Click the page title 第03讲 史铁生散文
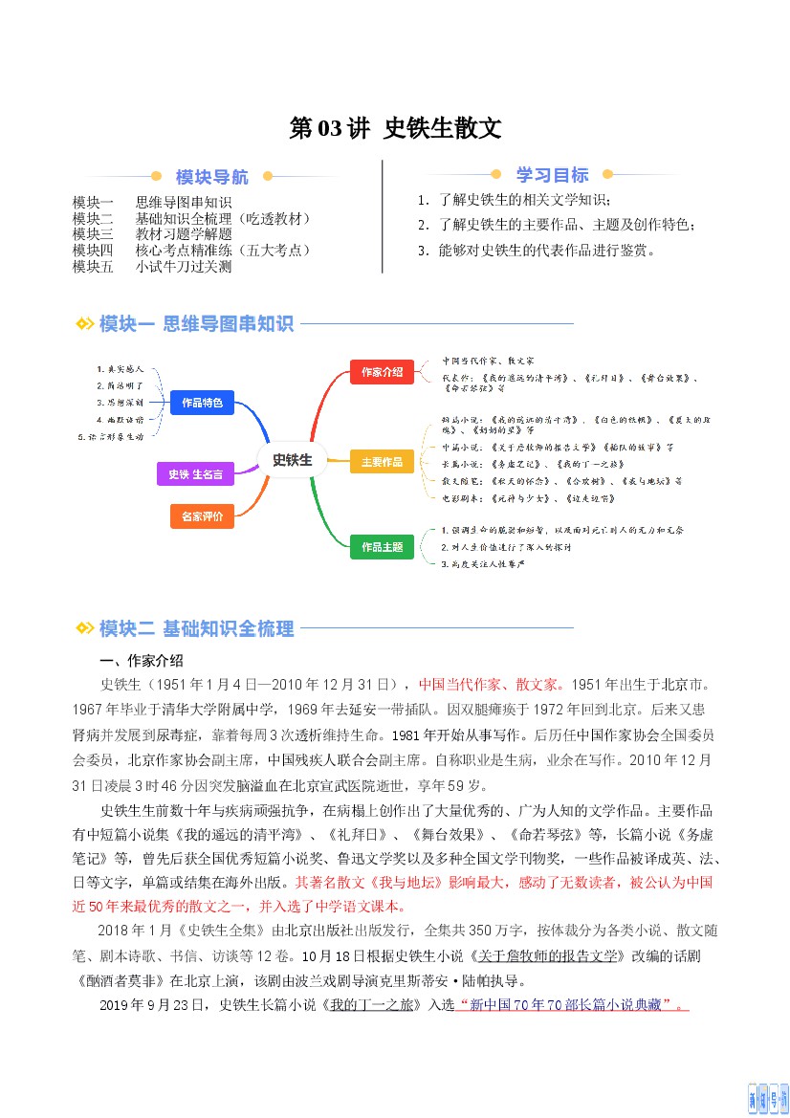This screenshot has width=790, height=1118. pos(395,129)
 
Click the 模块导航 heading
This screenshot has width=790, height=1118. pos(211,177)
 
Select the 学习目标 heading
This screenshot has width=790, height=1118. pos(552,175)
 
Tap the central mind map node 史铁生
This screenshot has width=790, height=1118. pos(292,459)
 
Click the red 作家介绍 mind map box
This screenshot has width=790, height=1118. pos(382,371)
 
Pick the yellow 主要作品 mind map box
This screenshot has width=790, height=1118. pos(382,462)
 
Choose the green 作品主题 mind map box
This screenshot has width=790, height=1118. pos(382,548)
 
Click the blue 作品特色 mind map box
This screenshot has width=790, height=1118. pos(202,403)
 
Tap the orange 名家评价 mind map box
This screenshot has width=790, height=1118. pos(202,516)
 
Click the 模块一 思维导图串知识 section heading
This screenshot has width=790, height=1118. pos(195,324)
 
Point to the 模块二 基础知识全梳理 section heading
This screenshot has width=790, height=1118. pos(196,628)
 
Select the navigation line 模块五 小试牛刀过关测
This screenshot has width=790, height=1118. pos(152,267)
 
